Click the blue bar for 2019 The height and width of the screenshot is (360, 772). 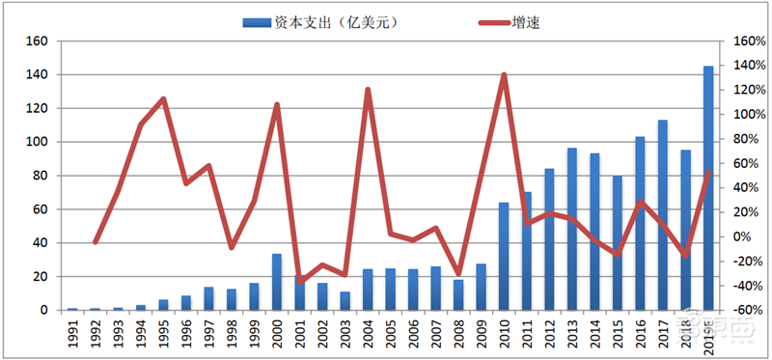708,188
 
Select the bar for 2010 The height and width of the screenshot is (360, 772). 504,256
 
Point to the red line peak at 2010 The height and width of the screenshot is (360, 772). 504,74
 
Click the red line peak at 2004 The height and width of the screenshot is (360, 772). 368,90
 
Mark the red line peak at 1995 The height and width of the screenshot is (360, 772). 163,98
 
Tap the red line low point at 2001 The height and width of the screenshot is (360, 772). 300,282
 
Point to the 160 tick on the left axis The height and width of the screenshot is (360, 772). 38,42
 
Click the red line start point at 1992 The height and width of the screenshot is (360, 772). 96,241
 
